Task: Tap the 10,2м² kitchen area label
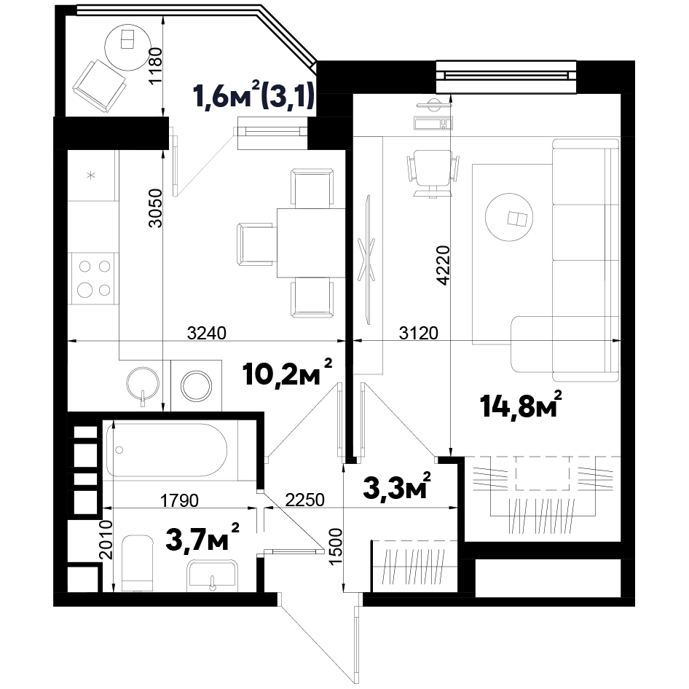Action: (288, 373)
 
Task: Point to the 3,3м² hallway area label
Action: (397, 487)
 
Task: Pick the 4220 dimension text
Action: (444, 265)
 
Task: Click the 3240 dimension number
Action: (207, 333)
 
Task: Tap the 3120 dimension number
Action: (418, 333)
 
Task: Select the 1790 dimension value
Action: (179, 500)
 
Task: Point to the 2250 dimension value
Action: (304, 500)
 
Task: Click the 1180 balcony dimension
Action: (156, 66)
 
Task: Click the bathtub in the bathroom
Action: (167, 450)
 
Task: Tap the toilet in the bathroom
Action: (136, 563)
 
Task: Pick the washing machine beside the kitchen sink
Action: (197, 386)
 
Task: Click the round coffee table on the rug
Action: (509, 218)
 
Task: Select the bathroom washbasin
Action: (212, 575)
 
